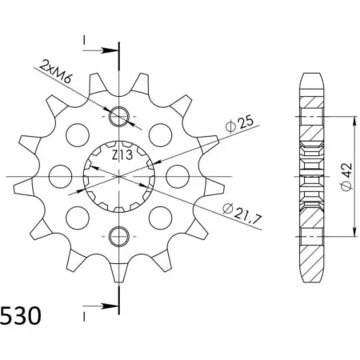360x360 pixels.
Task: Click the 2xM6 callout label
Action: [56, 72]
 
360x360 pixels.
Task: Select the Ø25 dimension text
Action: [239, 124]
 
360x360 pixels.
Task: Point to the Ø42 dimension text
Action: [346, 176]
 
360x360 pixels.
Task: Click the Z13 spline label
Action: [122, 155]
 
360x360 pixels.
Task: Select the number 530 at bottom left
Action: [21, 316]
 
